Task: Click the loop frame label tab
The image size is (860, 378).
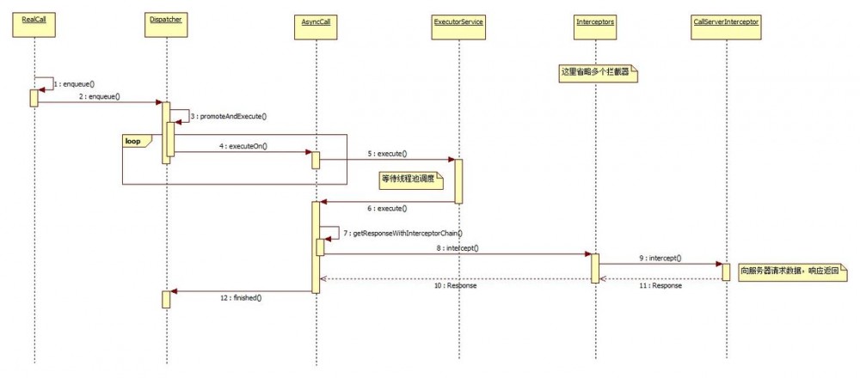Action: [x=135, y=141]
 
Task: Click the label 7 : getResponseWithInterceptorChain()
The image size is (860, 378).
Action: [x=402, y=233]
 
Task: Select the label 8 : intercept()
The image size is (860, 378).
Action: [x=458, y=247]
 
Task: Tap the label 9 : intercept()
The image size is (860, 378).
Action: [x=660, y=258]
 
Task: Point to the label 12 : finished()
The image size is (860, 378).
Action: [x=243, y=297]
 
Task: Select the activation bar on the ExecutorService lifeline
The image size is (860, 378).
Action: [x=458, y=180]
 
